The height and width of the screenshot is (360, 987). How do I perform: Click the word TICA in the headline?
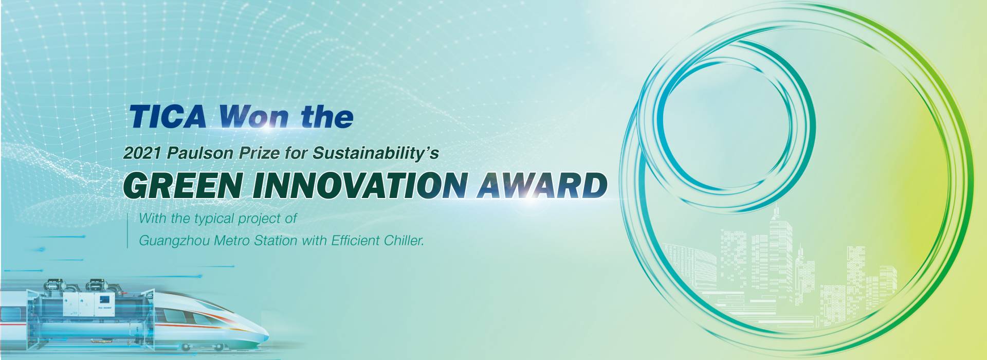tap(168, 117)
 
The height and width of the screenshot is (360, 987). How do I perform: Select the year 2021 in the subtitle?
tap(142, 153)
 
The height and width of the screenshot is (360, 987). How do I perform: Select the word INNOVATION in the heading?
tap(359, 186)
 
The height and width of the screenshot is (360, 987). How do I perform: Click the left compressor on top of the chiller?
tap(53, 284)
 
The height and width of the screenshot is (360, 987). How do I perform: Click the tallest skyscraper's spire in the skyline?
tap(776, 212)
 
